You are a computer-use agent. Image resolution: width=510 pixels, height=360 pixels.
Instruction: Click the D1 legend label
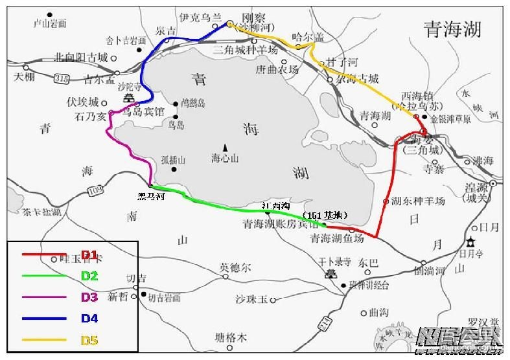pyautogui.click(x=89, y=254)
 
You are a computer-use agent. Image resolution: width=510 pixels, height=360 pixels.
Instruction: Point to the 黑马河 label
pyautogui.click(x=151, y=196)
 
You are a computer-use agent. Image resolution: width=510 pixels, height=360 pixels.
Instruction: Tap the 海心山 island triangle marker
pyautogui.click(x=225, y=147)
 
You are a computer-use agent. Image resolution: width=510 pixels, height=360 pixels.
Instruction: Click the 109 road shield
pyautogui.click(x=95, y=190)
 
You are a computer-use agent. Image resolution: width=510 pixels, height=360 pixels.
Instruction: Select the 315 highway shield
pyautogui.click(x=62, y=78)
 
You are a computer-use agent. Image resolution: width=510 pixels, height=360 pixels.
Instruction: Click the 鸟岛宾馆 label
pyautogui.click(x=145, y=111)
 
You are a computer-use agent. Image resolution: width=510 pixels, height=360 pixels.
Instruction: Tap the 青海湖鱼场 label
pyautogui.click(x=337, y=238)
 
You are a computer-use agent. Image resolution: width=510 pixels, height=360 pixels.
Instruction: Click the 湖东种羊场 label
pyautogui.click(x=418, y=201)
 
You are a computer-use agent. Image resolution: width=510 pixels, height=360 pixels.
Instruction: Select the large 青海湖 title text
pyautogui.click(x=452, y=28)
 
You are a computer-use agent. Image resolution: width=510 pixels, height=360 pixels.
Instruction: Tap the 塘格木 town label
pyautogui.click(x=231, y=337)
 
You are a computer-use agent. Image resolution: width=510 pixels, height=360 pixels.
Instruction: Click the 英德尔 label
pyautogui.click(x=235, y=266)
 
